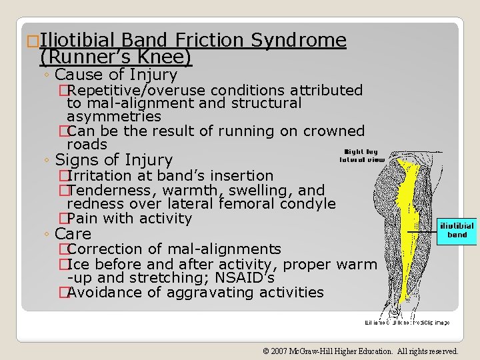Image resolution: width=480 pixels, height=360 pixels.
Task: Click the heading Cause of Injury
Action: click(x=116, y=75)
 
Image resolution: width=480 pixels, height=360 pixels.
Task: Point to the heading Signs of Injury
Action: click(x=113, y=160)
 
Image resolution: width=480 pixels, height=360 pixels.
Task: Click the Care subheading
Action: click(x=73, y=234)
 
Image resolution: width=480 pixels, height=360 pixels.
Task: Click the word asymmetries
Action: click(x=114, y=117)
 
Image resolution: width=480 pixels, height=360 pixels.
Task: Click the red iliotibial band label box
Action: click(x=457, y=230)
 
